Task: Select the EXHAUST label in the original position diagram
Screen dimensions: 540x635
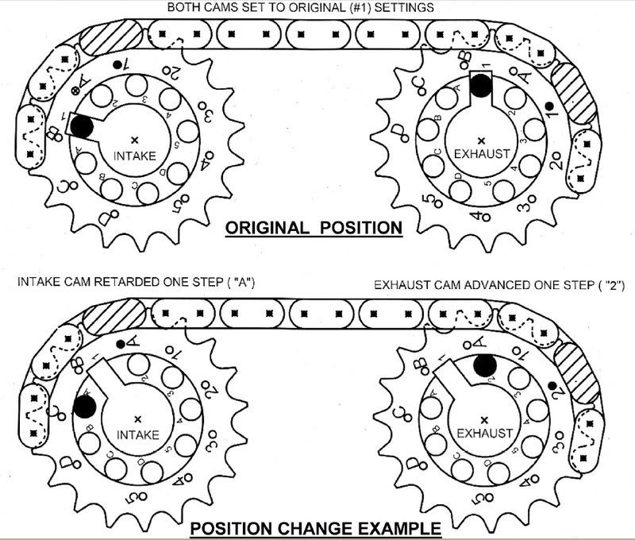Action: point(482,153)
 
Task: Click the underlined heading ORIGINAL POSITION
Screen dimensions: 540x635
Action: point(314,228)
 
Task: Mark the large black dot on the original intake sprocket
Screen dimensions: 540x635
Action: point(83,125)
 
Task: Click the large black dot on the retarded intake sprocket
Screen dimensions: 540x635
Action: point(85,406)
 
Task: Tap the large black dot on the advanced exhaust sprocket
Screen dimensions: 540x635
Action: point(486,365)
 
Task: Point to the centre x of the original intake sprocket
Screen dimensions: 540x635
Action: point(133,138)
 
